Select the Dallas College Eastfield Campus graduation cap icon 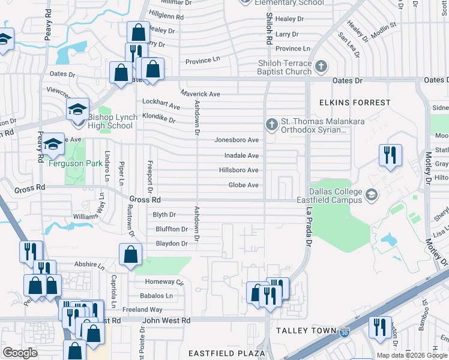coord(372,194)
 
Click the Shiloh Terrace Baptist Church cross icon coord(321,65)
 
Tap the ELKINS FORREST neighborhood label coord(355,103)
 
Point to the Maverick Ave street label coord(200,94)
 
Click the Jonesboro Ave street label coord(237,140)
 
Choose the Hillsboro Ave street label coord(238,170)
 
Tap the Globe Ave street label coord(243,185)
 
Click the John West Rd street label coord(166,321)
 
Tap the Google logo coord(20,353)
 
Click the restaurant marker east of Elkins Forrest coord(390,155)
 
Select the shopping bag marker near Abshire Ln coord(130,255)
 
